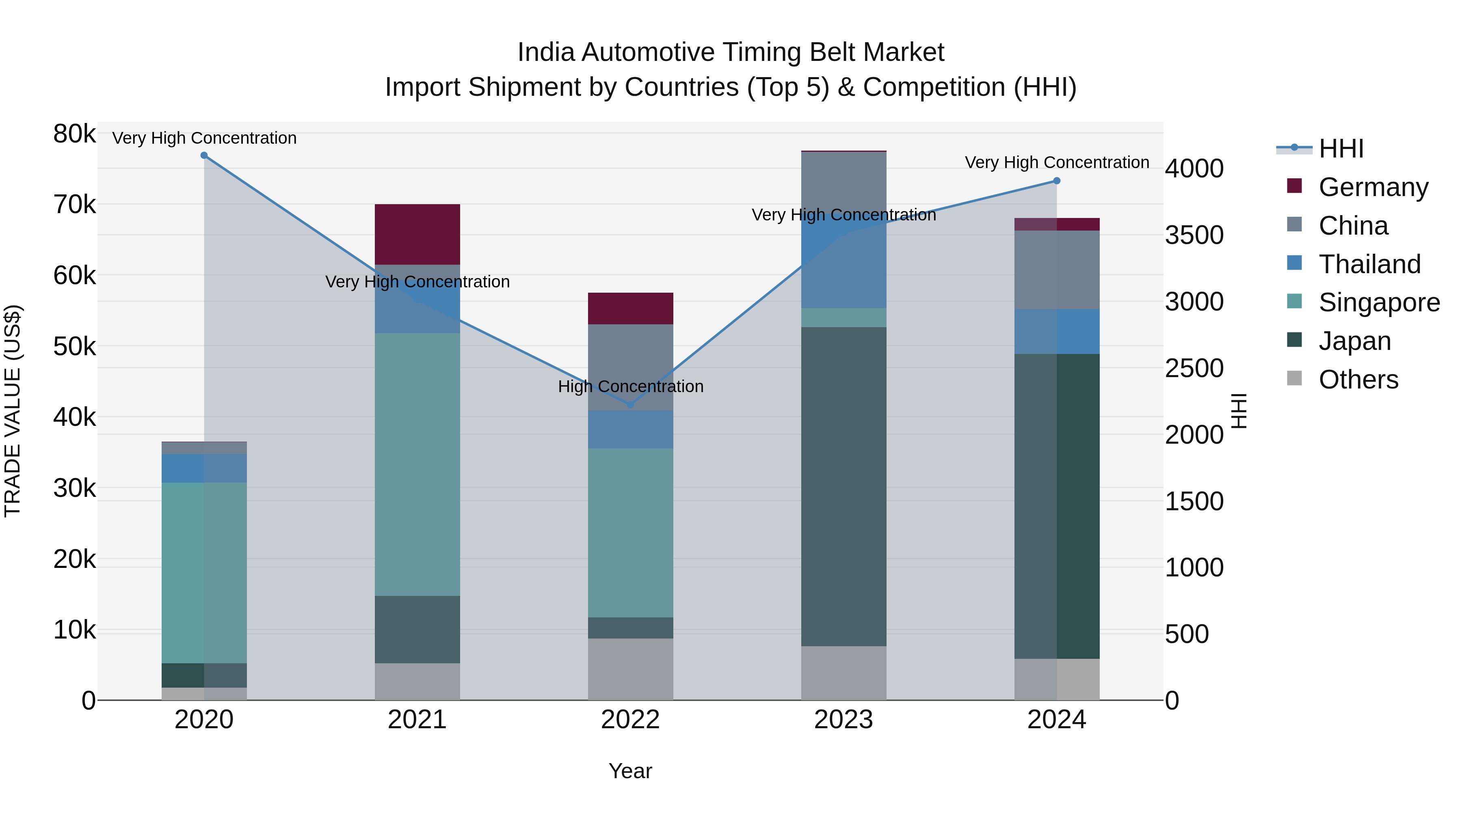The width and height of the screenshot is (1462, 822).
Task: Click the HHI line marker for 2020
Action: [204, 155]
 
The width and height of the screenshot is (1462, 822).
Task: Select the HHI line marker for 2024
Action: [1056, 181]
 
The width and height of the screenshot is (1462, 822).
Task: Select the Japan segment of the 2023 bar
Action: [843, 486]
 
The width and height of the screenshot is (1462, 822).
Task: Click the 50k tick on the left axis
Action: [74, 347]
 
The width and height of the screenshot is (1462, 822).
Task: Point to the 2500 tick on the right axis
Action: [1194, 369]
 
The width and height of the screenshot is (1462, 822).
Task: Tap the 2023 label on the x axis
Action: [843, 720]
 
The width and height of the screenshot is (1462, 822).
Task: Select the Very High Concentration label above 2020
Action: [204, 138]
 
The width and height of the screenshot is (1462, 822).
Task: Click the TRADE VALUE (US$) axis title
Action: [13, 411]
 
